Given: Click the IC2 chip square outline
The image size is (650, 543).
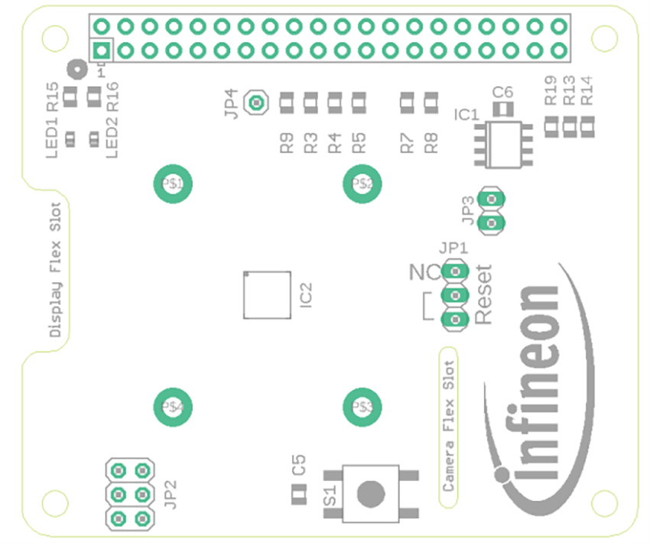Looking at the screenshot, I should [267, 294].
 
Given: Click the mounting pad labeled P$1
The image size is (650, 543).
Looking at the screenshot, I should [172, 184].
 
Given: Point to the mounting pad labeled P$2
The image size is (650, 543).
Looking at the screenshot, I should [362, 184].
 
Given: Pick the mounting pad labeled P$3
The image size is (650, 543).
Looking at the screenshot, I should [362, 405].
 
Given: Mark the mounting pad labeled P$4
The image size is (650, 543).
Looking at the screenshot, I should [172, 405].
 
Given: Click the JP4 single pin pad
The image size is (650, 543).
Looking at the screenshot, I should [257, 102].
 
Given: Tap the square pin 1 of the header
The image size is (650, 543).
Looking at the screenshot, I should [101, 51].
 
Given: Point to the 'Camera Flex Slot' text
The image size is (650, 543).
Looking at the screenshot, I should [449, 426].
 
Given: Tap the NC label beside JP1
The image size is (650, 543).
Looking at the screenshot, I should [424, 272].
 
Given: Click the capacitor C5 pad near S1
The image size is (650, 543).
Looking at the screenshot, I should [298, 496].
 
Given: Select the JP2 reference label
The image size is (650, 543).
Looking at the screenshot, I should [171, 495].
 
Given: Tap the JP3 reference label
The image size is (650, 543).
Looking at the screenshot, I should [467, 211].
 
